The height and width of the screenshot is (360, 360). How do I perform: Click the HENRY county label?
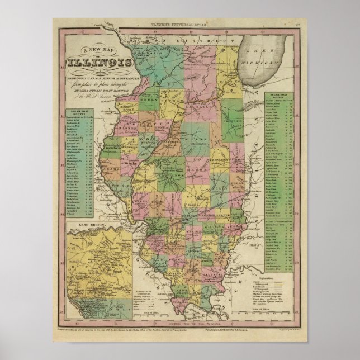[150, 105]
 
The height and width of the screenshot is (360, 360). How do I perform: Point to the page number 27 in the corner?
[299, 24]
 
